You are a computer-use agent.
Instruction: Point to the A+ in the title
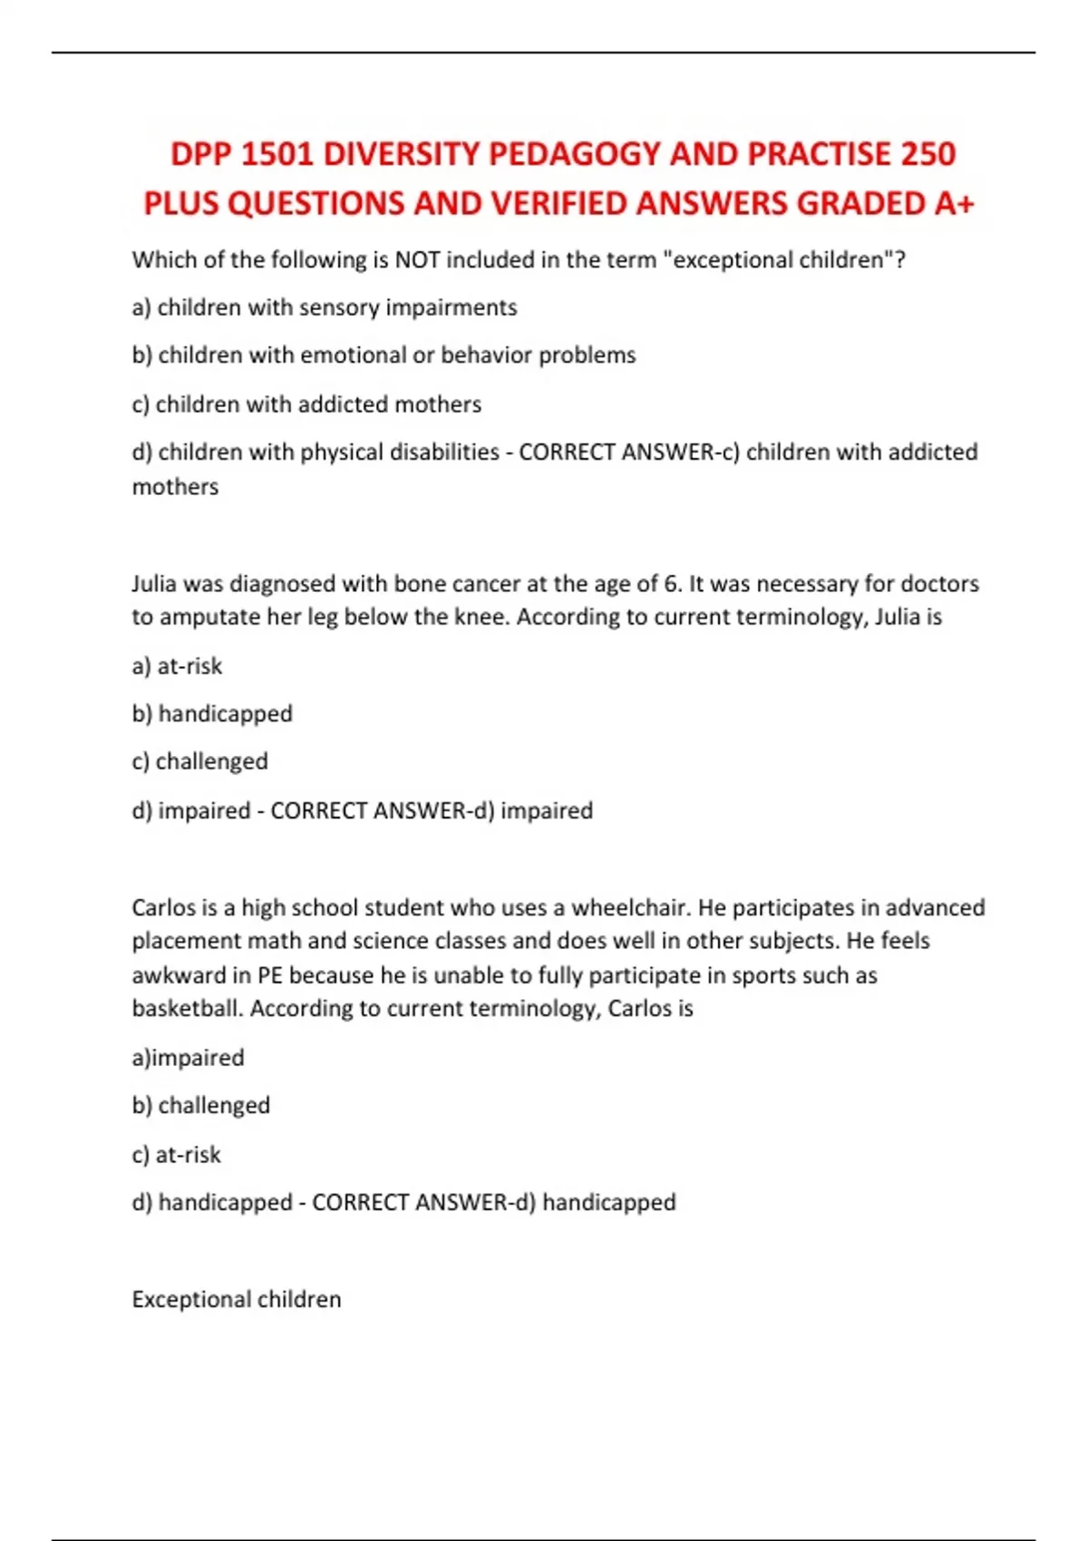point(954,204)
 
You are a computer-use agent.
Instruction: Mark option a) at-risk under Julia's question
point(178,666)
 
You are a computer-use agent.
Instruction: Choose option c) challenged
point(200,761)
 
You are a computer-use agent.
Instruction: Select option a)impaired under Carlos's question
point(189,1058)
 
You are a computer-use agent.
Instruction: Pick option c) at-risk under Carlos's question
point(177,1155)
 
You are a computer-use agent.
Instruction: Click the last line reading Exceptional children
point(237,1300)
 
